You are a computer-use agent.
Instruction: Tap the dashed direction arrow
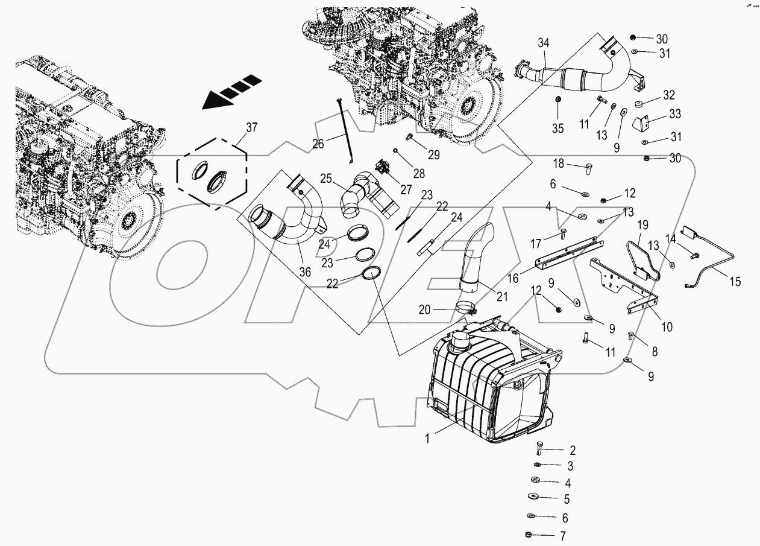[231, 92]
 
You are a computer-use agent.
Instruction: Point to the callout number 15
[735, 281]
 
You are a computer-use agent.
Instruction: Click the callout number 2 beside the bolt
[572, 450]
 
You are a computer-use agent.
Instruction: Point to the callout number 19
[642, 225]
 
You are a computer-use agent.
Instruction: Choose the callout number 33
[674, 114]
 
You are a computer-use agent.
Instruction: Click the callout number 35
[558, 128]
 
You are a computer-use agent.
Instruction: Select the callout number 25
[326, 179]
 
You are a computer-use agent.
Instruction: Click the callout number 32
[668, 95]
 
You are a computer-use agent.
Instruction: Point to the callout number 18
[559, 163]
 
